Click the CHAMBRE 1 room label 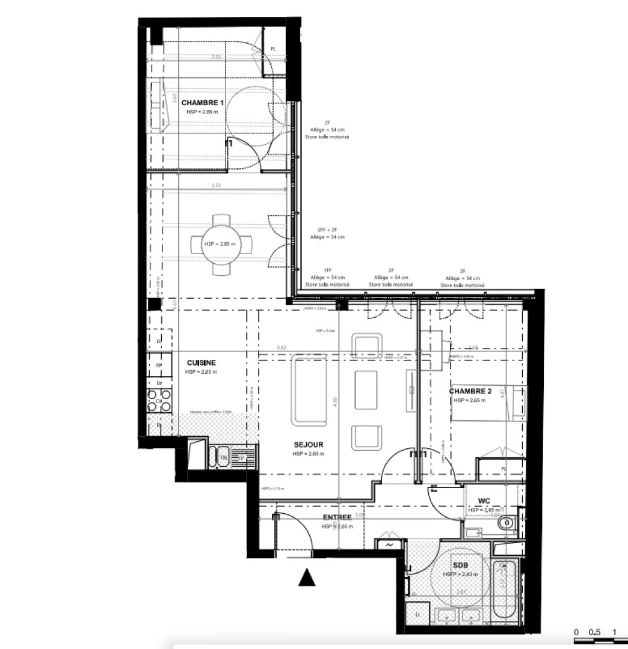pos(202,103)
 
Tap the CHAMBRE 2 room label pos(470,392)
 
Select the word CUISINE pos(201,363)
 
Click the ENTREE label pos(337,517)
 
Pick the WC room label pos(484,501)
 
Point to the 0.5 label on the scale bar pos(594,632)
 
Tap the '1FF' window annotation pos(327,270)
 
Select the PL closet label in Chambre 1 pos(272,49)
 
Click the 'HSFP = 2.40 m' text pos(460,574)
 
